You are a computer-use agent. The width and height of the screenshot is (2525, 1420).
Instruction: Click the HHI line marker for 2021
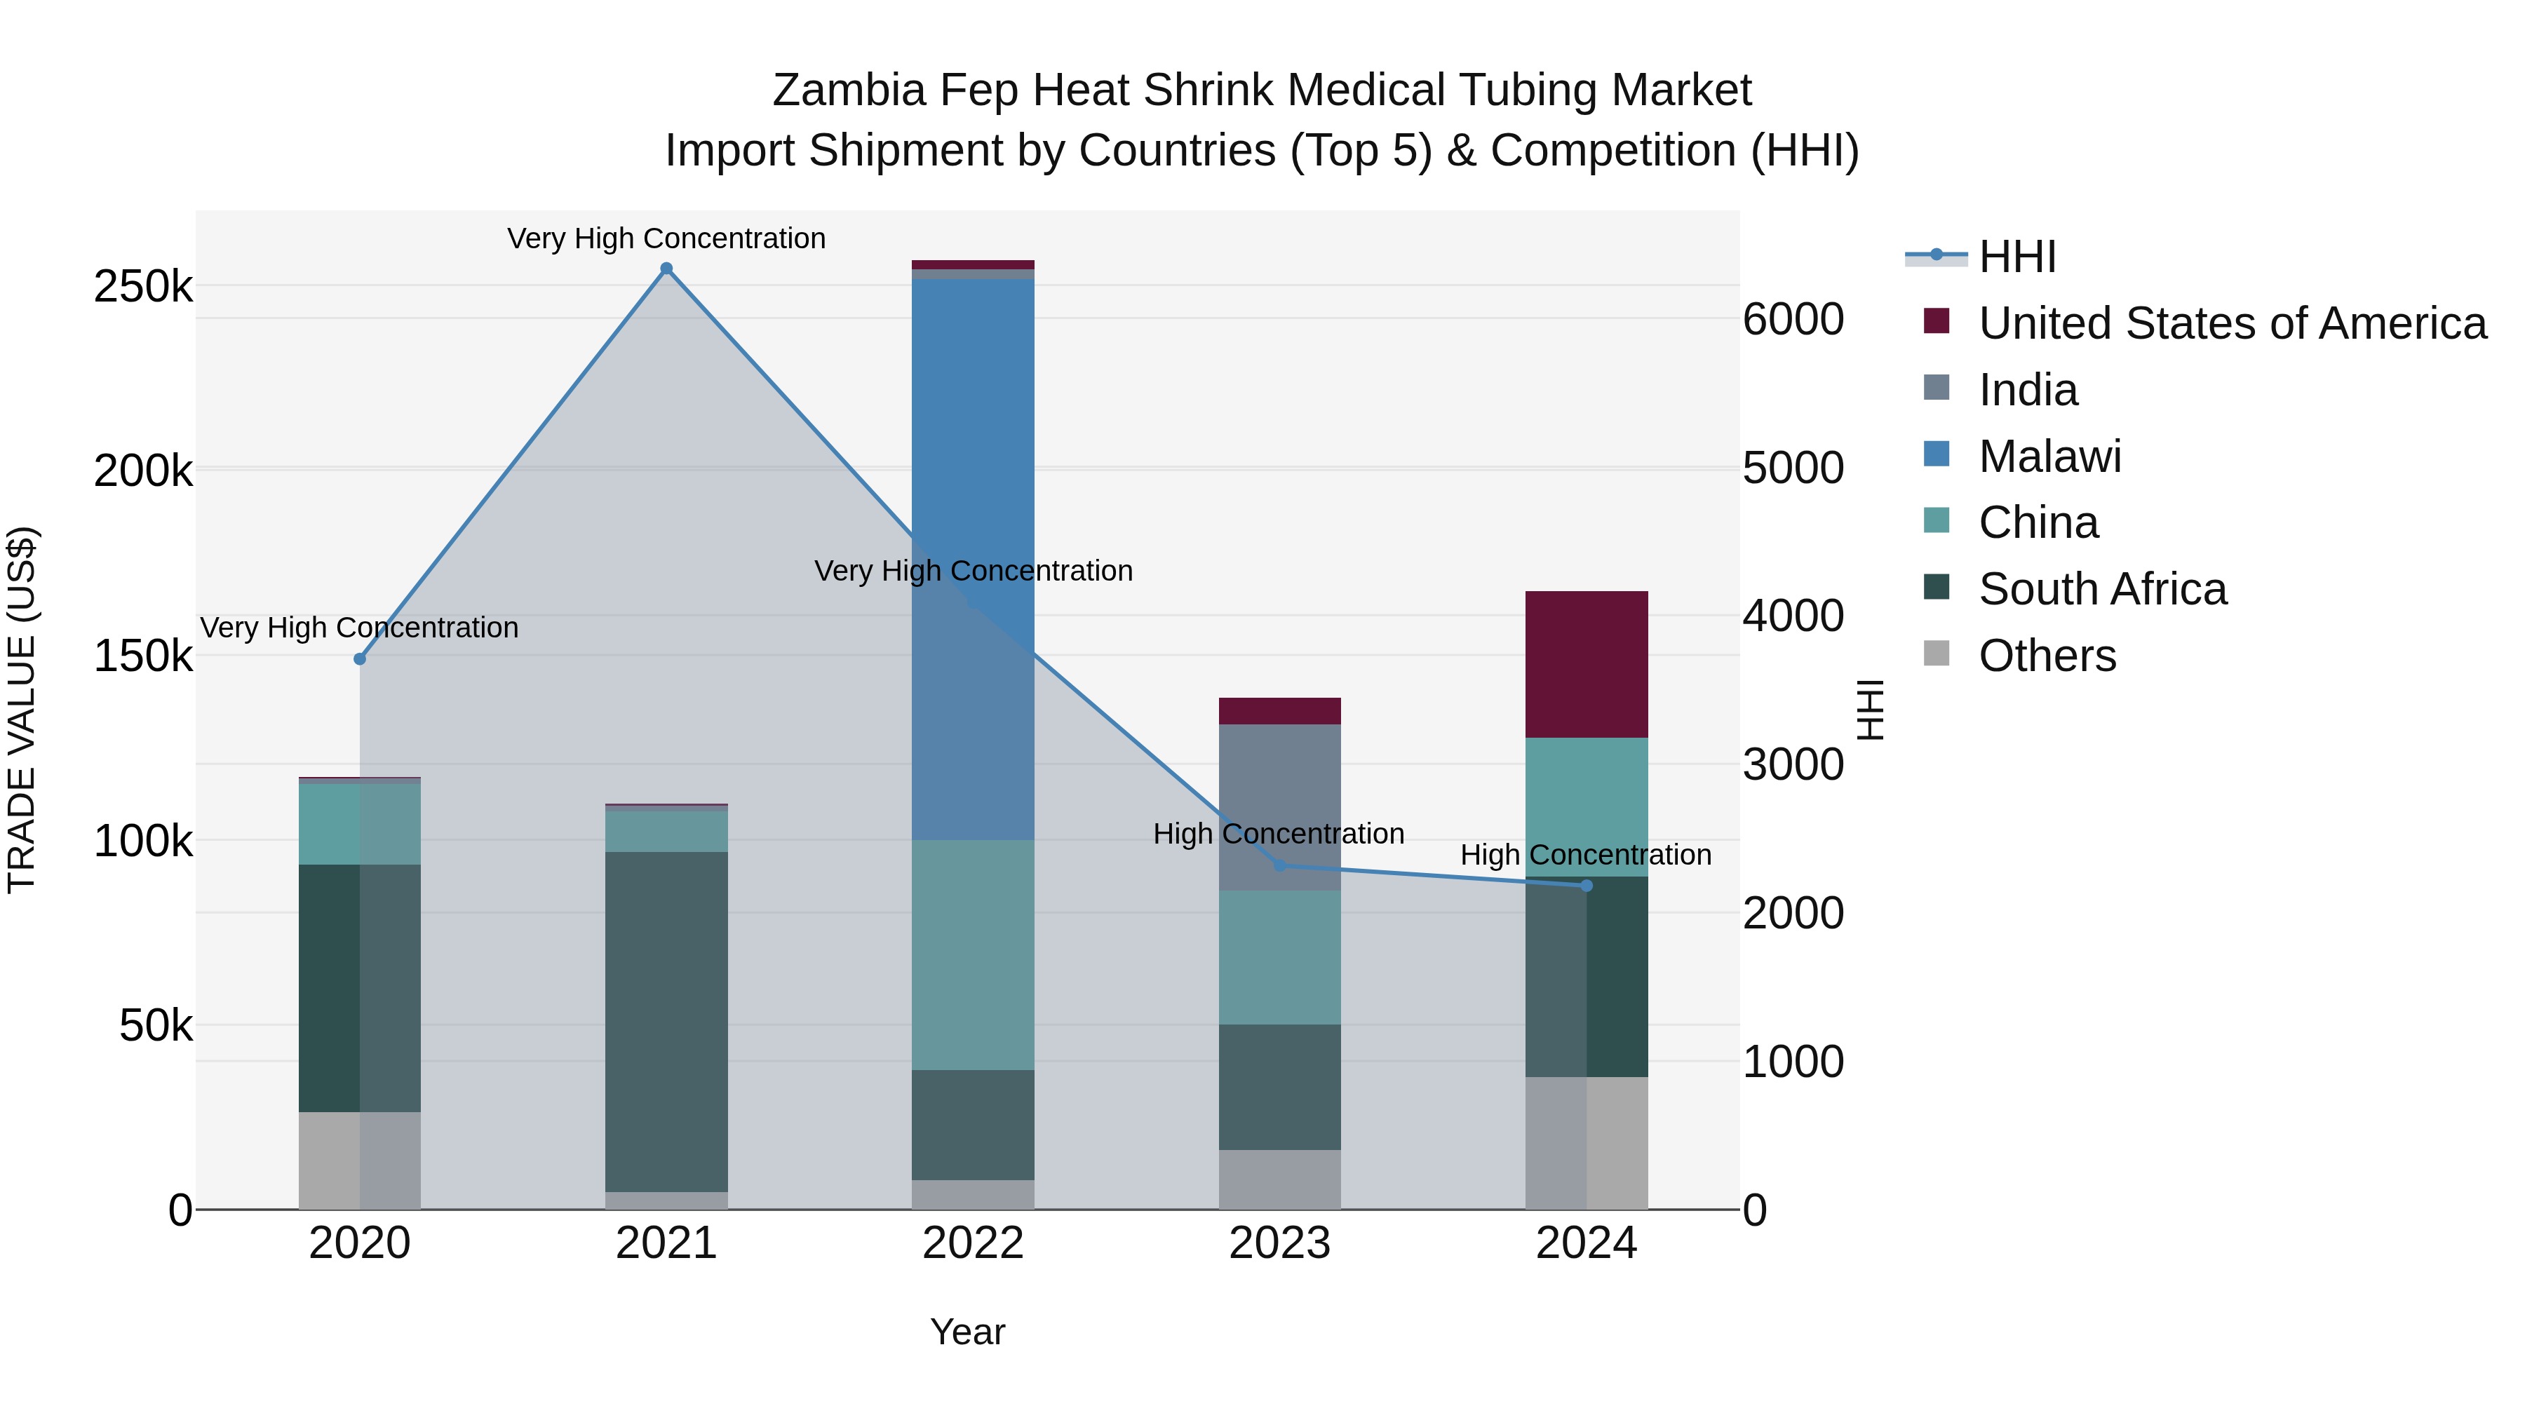666,269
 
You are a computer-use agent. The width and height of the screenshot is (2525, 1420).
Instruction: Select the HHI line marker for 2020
360,660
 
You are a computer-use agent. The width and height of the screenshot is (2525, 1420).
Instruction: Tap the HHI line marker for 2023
1279,865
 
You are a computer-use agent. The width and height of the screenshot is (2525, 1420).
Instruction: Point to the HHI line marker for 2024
1587,886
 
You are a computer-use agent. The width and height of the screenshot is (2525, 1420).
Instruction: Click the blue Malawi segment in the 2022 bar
974,559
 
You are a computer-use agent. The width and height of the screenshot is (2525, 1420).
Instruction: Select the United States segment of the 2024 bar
1587,665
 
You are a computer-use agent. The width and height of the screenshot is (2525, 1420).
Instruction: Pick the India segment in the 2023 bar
1279,808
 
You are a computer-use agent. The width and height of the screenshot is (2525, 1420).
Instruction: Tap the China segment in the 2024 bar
1587,806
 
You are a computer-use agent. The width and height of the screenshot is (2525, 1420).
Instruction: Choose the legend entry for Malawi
2049,457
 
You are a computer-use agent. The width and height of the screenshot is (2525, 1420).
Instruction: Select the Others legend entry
2047,656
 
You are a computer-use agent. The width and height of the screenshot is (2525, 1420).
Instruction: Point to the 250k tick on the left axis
143,287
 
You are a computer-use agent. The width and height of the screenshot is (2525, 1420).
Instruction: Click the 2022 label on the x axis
974,1243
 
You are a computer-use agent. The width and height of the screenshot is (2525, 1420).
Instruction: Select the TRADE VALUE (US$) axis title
22,710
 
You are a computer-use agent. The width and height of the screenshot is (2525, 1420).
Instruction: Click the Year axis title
967,1332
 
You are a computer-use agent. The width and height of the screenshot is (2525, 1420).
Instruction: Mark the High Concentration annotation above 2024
1586,855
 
